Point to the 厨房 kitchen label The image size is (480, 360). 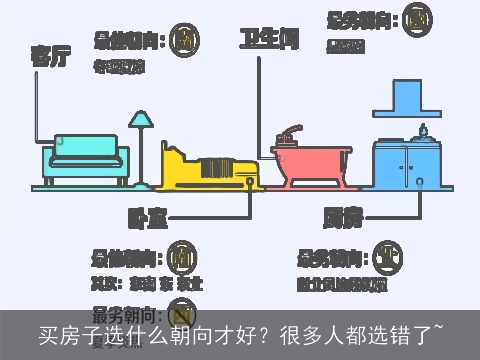(343, 214)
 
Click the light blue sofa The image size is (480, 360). (86, 157)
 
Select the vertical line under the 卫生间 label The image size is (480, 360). (264, 100)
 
